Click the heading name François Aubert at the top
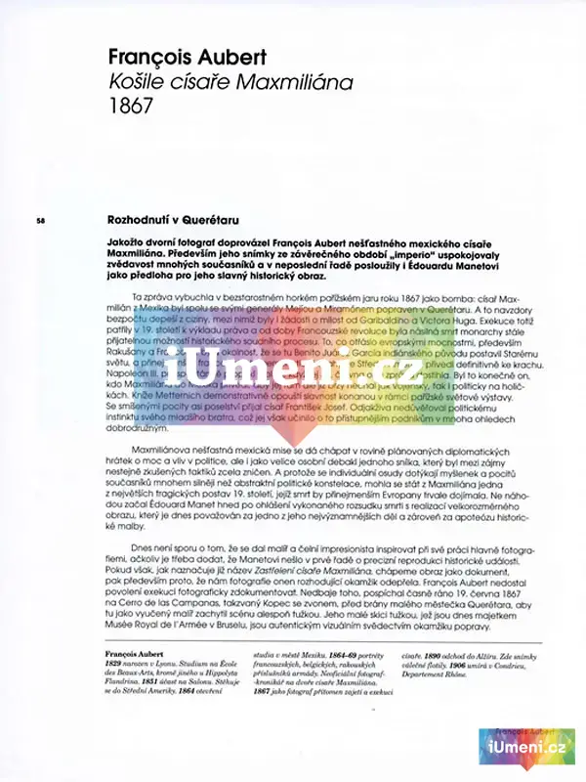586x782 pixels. [187, 56]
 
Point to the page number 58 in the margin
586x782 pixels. [40, 220]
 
